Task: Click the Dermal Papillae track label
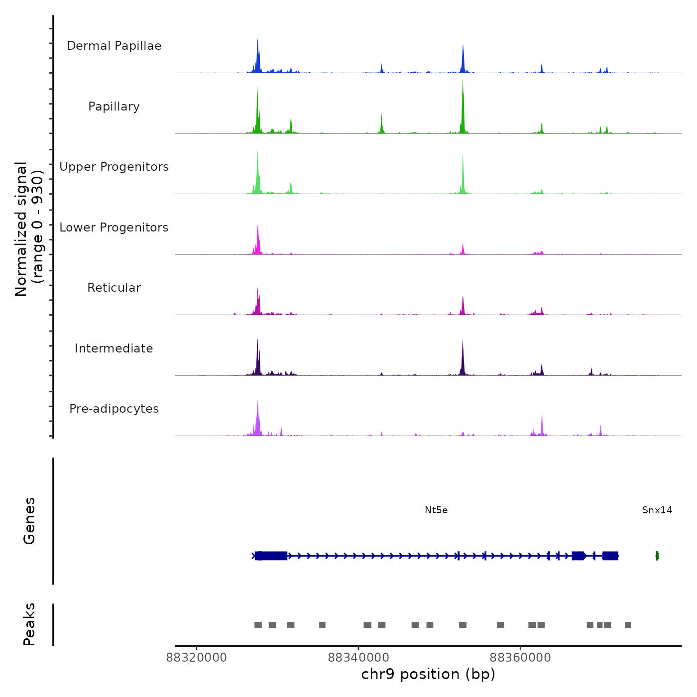pyautogui.click(x=114, y=46)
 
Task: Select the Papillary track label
pyautogui.click(x=114, y=107)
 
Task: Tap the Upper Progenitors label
pyautogui.click(x=114, y=167)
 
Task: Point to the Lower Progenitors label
pyautogui.click(x=114, y=228)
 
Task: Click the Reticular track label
pyautogui.click(x=114, y=288)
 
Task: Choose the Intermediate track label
pyautogui.click(x=114, y=348)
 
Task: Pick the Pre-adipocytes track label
pyautogui.click(x=114, y=409)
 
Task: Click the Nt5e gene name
pyautogui.click(x=436, y=510)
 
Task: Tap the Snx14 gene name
pyautogui.click(x=657, y=510)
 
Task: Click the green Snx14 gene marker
pyautogui.click(x=657, y=556)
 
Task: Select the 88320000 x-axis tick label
pyautogui.click(x=197, y=658)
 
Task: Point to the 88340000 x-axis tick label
pyautogui.click(x=358, y=658)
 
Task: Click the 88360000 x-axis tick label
pyautogui.click(x=520, y=658)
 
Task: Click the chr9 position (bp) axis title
pyautogui.click(x=428, y=675)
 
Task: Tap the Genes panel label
pyautogui.click(x=29, y=521)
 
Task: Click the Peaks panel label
pyautogui.click(x=29, y=624)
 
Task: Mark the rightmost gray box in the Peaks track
pyautogui.click(x=628, y=625)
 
